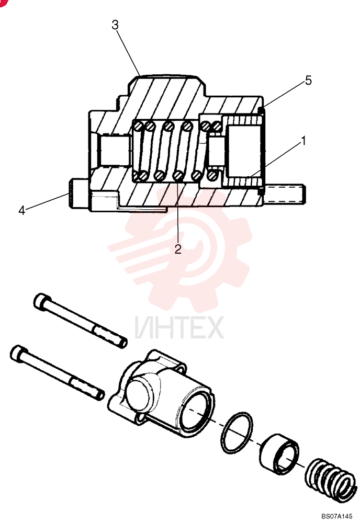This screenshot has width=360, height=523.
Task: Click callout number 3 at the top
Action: pos(115,25)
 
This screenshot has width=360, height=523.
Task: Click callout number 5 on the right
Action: pos(308,81)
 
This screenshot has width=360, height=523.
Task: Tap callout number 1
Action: pos(303,141)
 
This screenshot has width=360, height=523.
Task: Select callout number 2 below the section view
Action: pos(178,249)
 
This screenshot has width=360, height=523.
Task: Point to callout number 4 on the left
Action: pos(22,210)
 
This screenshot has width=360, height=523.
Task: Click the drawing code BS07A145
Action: pos(336,516)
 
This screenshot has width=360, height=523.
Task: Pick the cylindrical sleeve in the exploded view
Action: pos(279,453)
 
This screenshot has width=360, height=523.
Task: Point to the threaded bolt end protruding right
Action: pos(286,194)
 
